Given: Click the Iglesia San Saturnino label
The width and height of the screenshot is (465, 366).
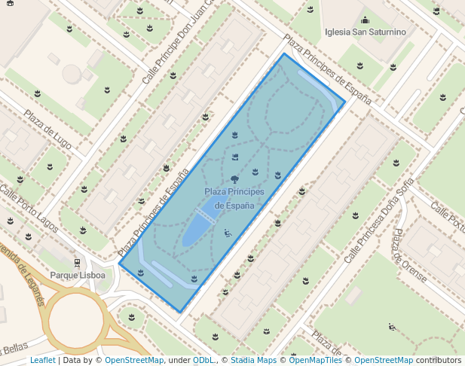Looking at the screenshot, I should pyautogui.click(x=365, y=32).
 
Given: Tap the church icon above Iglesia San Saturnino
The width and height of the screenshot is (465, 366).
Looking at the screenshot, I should pyautogui.click(x=366, y=20).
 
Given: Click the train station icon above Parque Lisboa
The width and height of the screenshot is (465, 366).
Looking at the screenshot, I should pyautogui.click(x=77, y=263).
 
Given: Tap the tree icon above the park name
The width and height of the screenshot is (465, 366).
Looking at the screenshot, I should pyautogui.click(x=235, y=179).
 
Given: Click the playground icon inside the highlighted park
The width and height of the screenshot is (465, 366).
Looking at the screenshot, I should pyautogui.click(x=228, y=233).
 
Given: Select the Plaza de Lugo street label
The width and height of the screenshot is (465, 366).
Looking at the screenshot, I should pyautogui.click(x=48, y=129).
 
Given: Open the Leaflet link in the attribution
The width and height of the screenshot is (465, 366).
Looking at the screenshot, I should pyautogui.click(x=42, y=360).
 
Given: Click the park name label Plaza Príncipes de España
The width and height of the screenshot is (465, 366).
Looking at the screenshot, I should pyautogui.click(x=234, y=199).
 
